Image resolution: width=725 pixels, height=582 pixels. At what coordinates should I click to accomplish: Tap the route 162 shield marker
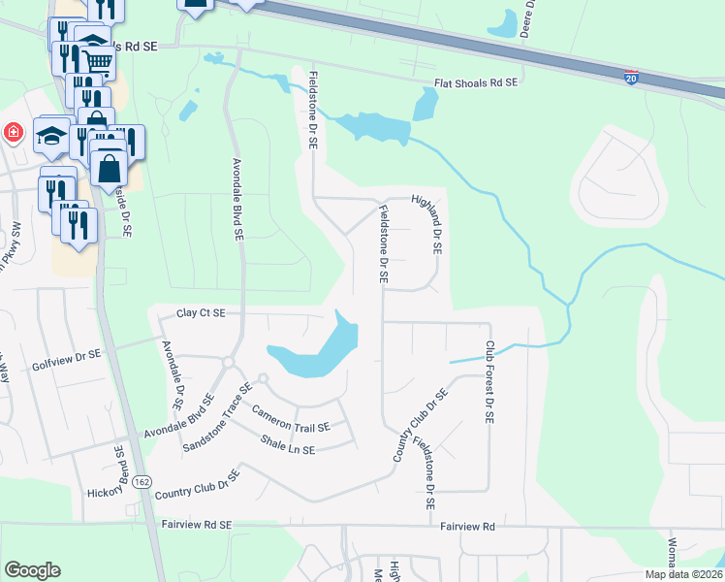(142, 482)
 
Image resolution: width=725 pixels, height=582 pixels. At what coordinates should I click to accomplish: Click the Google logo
(32, 570)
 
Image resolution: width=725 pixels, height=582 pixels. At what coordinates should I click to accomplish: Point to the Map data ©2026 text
(683, 574)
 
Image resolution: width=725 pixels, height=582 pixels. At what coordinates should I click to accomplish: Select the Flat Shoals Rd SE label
(476, 84)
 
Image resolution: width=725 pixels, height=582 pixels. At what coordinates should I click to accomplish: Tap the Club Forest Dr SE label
(490, 381)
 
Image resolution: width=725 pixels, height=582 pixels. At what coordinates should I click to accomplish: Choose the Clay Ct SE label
(201, 313)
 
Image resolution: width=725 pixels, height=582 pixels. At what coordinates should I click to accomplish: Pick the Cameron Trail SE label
(291, 419)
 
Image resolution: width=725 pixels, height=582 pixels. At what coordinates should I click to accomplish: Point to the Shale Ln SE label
(288, 443)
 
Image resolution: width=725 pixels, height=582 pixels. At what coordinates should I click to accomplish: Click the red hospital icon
(13, 132)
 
